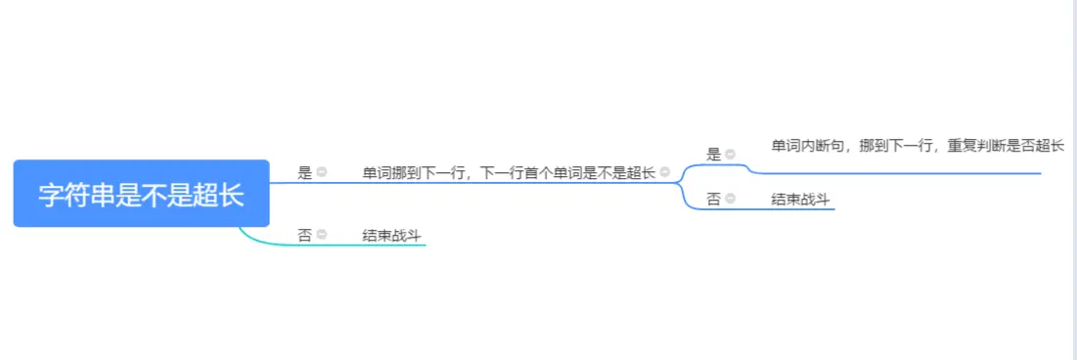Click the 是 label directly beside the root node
pos(304,173)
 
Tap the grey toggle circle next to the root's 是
pos(321,173)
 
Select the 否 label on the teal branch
pos(304,235)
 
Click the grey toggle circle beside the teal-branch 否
pos(321,235)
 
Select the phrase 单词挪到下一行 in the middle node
pos(413,173)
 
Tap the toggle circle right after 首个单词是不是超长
pos(665,173)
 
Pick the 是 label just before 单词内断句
pos(713,154)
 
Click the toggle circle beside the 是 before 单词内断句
pos(730,154)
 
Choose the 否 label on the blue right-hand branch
pos(713,200)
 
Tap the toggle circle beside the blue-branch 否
pos(730,200)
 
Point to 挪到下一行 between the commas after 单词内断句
pos(893,147)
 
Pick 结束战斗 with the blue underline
pos(801,200)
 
